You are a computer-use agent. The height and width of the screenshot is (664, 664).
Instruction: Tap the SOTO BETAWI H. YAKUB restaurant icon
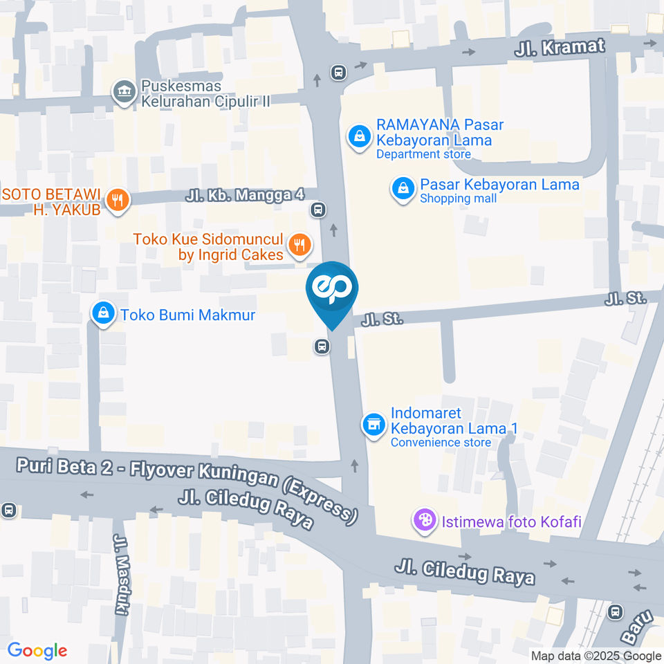click(118, 201)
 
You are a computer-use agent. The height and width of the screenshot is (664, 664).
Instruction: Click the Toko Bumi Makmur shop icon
click(103, 315)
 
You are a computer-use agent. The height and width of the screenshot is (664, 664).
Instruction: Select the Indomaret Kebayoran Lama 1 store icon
click(374, 425)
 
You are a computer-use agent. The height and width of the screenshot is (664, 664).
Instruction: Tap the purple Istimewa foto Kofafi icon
click(424, 520)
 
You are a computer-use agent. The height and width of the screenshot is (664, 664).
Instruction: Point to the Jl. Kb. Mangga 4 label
click(245, 195)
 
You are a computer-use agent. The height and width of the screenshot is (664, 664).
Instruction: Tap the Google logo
click(37, 650)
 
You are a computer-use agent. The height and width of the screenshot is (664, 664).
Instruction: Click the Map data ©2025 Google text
click(596, 656)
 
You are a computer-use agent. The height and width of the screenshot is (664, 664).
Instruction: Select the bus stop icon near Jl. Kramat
click(338, 72)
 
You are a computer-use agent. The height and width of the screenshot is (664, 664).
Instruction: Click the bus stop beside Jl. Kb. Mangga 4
click(318, 209)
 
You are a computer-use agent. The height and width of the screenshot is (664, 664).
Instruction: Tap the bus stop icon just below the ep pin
click(322, 347)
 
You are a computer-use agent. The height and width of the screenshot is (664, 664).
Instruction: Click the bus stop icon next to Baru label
click(616, 611)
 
